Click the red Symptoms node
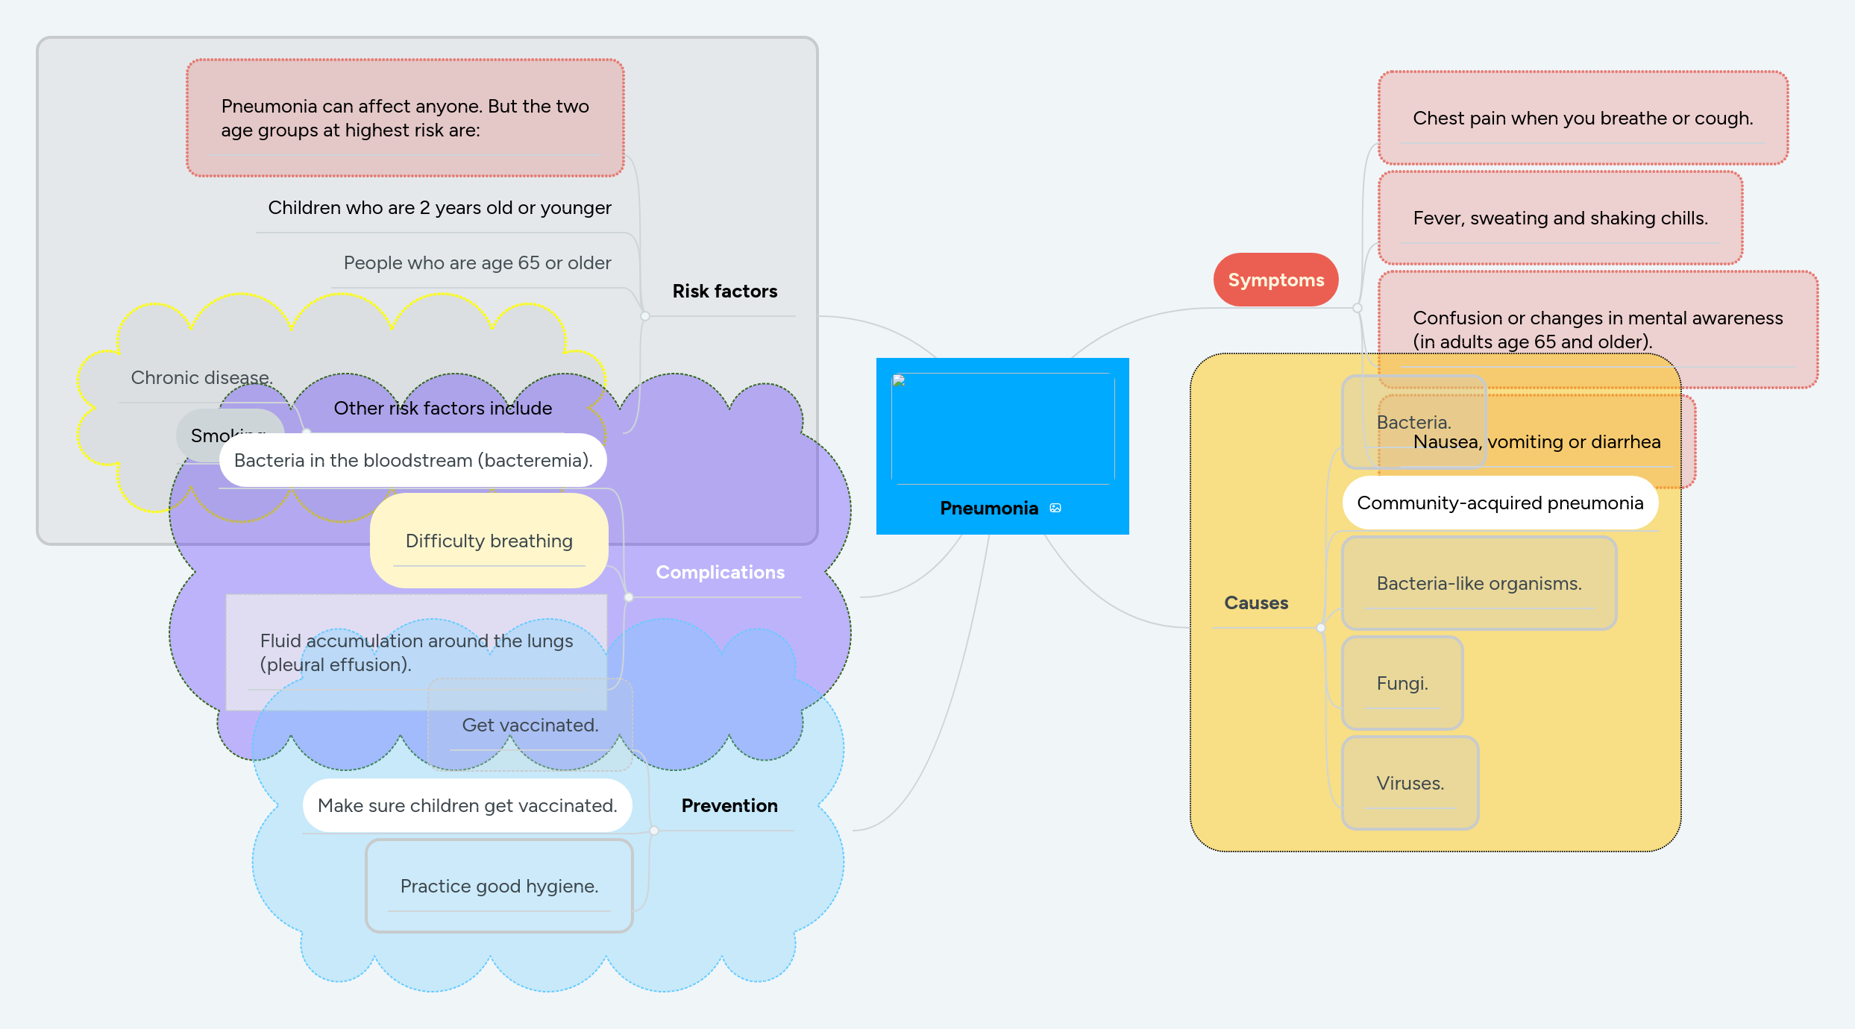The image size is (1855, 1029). [x=1275, y=280]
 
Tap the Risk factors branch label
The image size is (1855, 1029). [x=724, y=291]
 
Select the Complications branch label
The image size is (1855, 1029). [x=720, y=572]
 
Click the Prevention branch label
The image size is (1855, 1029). [x=729, y=805]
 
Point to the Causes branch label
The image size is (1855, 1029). [x=1256, y=602]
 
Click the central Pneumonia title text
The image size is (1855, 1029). [x=988, y=508]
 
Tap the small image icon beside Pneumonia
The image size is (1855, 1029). [x=1055, y=508]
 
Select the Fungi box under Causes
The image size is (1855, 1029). [x=1402, y=683]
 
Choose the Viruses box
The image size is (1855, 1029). [x=1410, y=783]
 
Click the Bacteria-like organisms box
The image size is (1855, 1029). [x=1478, y=583]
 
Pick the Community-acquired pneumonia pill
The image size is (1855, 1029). [x=1499, y=503]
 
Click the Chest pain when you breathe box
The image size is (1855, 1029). [x=1582, y=118]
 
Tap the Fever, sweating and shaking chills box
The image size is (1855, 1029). [x=1560, y=218]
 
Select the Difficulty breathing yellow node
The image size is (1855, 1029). [x=489, y=541]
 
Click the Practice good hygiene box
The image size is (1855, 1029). [x=499, y=886]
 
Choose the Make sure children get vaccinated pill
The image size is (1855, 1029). [x=467, y=805]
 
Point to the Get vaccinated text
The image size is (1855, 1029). [x=530, y=725]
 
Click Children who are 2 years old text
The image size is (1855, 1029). [x=439, y=207]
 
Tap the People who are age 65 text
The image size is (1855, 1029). [x=477, y=262]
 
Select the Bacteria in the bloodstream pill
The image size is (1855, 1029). [x=412, y=460]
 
